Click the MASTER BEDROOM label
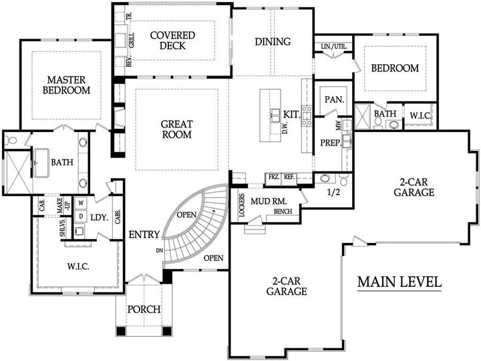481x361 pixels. [67, 84]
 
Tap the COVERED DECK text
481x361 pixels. [172, 41]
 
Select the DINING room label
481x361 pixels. [273, 41]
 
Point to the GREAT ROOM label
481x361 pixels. [177, 129]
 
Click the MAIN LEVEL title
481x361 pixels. [399, 282]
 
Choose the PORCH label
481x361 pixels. [144, 309]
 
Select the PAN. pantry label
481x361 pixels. [334, 99]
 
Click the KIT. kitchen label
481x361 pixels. [291, 114]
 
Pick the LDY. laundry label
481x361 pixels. [100, 217]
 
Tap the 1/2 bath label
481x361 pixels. [334, 194]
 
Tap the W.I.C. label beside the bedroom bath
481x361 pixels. [420, 115]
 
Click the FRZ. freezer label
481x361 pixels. [273, 177]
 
